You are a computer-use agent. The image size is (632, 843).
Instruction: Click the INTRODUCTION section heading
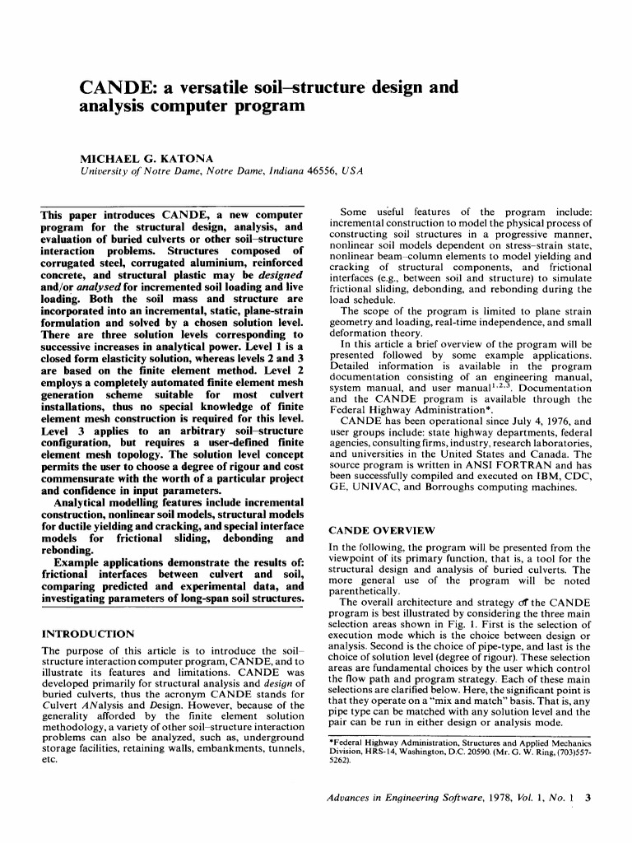click(87, 634)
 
